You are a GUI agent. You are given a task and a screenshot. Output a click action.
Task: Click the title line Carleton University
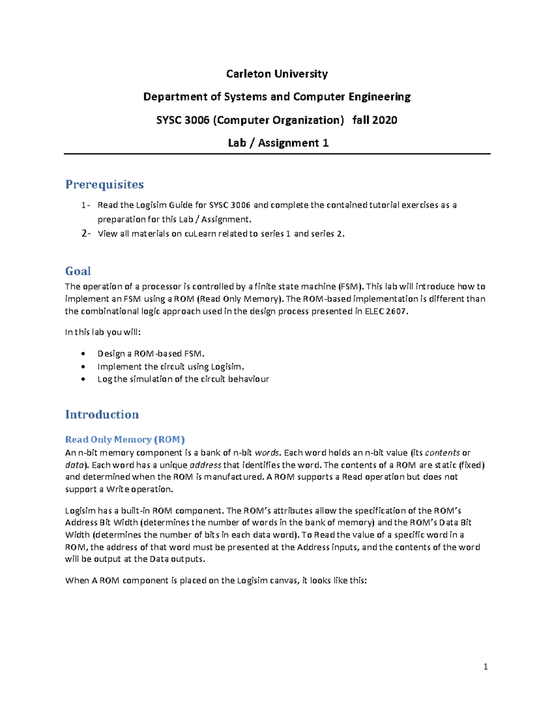(x=277, y=74)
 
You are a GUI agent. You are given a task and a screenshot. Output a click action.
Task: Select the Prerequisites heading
(x=104, y=184)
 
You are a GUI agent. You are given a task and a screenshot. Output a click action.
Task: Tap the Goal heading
(x=78, y=271)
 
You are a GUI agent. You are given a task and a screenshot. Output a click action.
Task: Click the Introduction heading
(x=102, y=414)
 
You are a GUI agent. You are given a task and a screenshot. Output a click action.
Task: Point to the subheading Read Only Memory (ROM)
(x=125, y=439)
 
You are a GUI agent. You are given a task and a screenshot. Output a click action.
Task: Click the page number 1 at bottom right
(x=485, y=666)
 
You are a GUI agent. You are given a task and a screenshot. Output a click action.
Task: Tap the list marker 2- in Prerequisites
(x=86, y=234)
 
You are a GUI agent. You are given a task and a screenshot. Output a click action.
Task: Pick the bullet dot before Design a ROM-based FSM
(x=83, y=354)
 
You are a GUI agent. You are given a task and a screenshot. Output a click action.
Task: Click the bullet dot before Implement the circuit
(x=83, y=367)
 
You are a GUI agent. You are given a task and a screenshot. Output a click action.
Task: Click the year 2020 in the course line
(x=384, y=120)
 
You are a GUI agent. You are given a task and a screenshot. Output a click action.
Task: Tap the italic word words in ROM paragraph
(x=267, y=452)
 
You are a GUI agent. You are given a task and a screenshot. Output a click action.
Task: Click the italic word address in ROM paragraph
(x=205, y=465)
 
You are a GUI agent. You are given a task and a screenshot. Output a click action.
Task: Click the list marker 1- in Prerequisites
(x=86, y=205)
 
